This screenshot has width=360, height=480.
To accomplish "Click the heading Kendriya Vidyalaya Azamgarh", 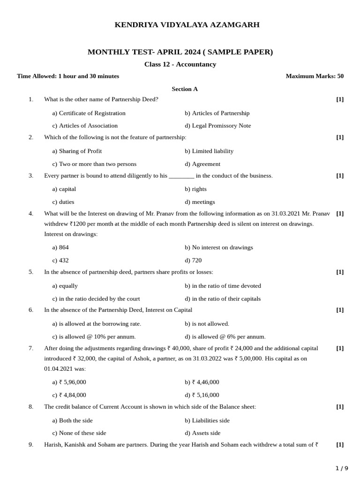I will [x=187, y=25].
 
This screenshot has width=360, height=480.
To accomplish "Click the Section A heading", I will [x=185, y=89].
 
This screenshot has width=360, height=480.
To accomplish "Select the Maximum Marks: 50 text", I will [x=314, y=76].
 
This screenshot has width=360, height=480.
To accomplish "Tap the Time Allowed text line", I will [x=68, y=76].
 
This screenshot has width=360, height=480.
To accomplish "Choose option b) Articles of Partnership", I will [x=217, y=113].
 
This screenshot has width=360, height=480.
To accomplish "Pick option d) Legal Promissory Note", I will [x=217, y=126].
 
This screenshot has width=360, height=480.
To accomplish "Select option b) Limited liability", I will [x=209, y=151].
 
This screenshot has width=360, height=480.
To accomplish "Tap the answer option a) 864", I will [x=60, y=247].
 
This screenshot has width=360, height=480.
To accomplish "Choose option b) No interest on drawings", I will [x=218, y=247].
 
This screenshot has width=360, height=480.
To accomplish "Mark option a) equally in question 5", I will [x=65, y=286].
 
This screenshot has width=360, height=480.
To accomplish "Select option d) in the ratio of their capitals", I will [x=223, y=299].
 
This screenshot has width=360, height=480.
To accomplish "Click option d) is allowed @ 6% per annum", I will [x=225, y=337].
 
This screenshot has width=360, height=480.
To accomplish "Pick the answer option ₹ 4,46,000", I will [x=202, y=382].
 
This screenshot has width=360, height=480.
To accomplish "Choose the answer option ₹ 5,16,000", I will [x=202, y=395].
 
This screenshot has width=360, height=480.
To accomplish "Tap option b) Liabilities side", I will [x=207, y=420].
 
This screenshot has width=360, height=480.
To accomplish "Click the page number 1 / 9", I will [x=342, y=468].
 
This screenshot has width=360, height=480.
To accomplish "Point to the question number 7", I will [x=31, y=348].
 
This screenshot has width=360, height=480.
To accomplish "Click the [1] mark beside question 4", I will [x=340, y=213].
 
